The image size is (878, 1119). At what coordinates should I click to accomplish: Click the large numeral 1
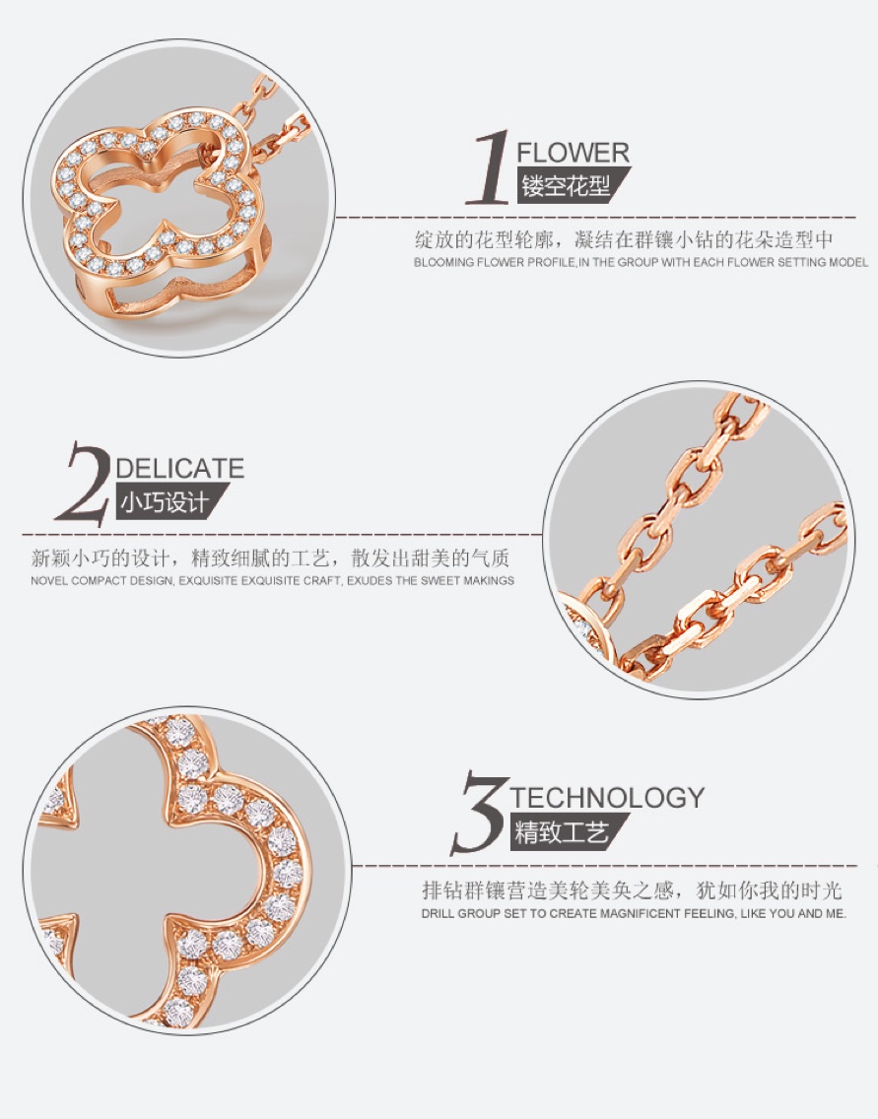click(489, 167)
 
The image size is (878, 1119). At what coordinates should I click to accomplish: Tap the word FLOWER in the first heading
click(574, 153)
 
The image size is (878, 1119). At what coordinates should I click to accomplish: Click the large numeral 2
click(84, 483)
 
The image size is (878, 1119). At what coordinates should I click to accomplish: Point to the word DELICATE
click(180, 469)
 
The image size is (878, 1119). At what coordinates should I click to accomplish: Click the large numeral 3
click(478, 813)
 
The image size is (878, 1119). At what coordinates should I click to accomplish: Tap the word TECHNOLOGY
click(607, 797)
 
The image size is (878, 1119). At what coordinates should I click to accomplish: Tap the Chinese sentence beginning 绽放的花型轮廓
click(624, 239)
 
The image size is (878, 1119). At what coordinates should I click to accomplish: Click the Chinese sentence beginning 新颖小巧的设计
click(271, 558)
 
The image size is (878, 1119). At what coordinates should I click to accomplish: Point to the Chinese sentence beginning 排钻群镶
click(633, 889)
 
